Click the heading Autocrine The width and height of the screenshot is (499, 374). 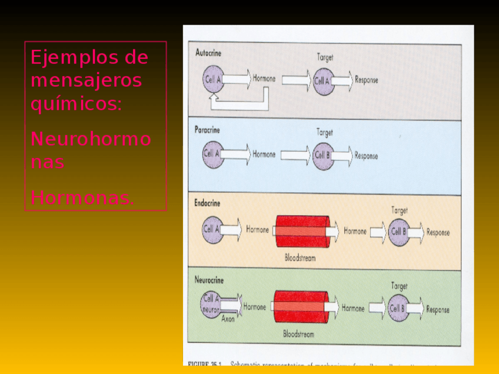click(x=208, y=52)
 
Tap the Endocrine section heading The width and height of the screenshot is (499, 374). click(x=207, y=203)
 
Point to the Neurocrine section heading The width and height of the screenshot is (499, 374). click(x=209, y=280)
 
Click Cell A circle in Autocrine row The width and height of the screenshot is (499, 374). click(x=212, y=80)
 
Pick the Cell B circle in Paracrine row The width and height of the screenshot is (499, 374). click(x=323, y=156)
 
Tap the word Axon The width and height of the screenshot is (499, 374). click(x=228, y=319)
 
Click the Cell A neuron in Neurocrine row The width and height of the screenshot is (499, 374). click(x=211, y=305)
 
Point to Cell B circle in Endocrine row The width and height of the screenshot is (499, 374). click(x=398, y=232)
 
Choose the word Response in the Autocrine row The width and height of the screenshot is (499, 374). click(x=367, y=80)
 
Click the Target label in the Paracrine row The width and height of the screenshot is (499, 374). click(x=325, y=133)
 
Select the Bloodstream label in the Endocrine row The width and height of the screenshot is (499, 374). click(x=300, y=258)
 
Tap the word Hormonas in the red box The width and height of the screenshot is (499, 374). click(x=82, y=198)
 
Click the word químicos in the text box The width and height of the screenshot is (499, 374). click(x=76, y=104)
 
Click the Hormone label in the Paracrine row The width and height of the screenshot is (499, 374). click(x=264, y=155)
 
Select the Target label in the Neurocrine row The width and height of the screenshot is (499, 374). click(x=399, y=286)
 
